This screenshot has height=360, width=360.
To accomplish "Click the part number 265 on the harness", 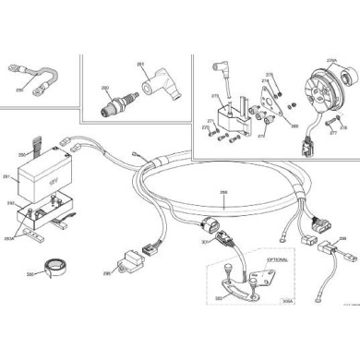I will pyautogui.click(x=222, y=193).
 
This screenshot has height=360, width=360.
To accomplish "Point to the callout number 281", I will pyautogui.click(x=6, y=176).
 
